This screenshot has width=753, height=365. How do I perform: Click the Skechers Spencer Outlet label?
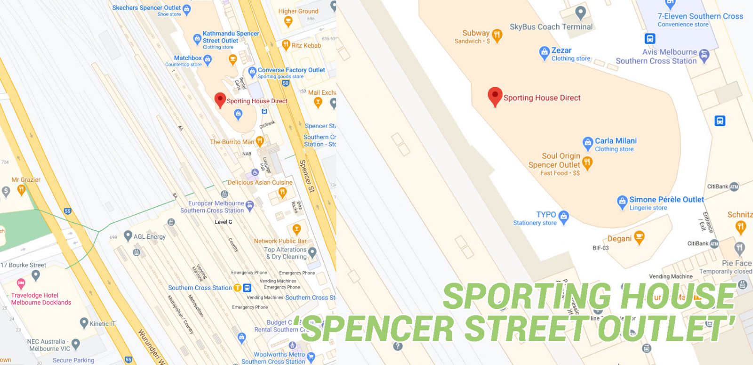point(146,8)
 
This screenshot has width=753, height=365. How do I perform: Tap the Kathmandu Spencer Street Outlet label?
point(231,37)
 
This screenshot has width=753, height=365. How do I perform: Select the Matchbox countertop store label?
point(188,58)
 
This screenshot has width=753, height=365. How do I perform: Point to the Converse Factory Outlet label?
point(291,70)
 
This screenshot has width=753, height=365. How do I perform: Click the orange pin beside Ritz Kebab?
point(286,45)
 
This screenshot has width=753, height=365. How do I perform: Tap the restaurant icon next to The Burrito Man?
point(259,141)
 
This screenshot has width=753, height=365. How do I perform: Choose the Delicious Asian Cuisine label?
point(260,182)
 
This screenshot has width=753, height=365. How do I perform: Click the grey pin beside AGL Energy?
point(128,235)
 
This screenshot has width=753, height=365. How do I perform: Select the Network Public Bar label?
point(280,241)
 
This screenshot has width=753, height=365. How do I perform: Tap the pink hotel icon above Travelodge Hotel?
point(21,284)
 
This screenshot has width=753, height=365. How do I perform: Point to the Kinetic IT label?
point(103,324)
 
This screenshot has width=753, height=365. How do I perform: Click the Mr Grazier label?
point(26,179)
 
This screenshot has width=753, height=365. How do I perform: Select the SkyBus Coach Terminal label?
point(551,27)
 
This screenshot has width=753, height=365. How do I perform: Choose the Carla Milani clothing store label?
point(616,141)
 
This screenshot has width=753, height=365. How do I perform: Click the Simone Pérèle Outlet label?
point(666,200)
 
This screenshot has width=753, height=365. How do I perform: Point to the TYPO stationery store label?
point(546,215)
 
